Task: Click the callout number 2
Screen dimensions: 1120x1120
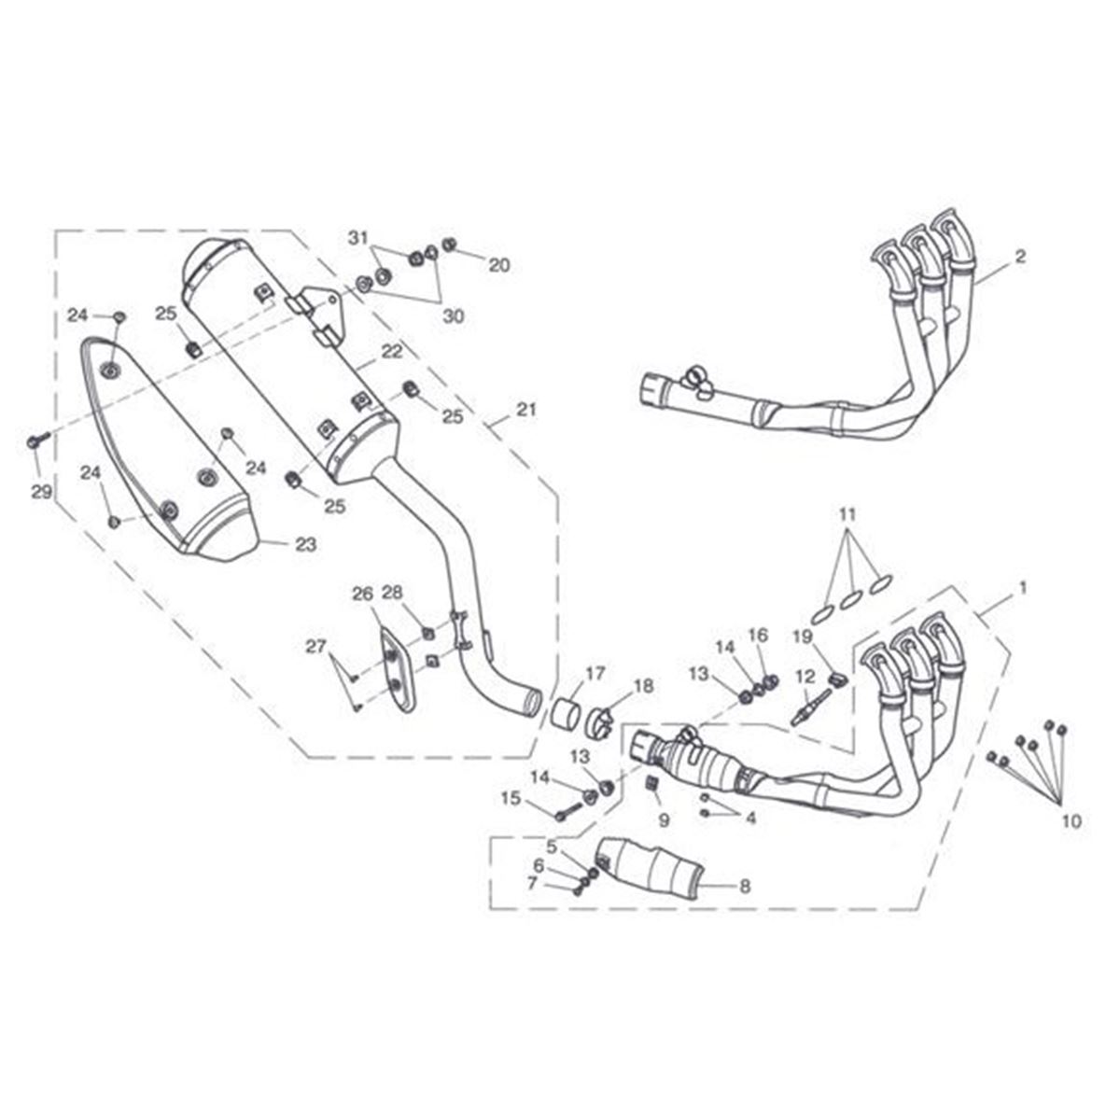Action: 1020,257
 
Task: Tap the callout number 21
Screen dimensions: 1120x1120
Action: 527,409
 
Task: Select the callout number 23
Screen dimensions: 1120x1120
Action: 305,545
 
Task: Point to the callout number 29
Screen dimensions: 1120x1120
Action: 40,492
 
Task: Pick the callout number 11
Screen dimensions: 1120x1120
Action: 847,514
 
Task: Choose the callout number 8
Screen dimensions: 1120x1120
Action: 744,887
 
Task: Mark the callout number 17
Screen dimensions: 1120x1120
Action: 595,673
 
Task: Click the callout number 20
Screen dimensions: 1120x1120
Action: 499,265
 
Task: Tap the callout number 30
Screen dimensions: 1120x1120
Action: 453,317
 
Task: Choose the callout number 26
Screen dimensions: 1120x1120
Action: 362,595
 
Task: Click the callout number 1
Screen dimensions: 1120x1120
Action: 1023,588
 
